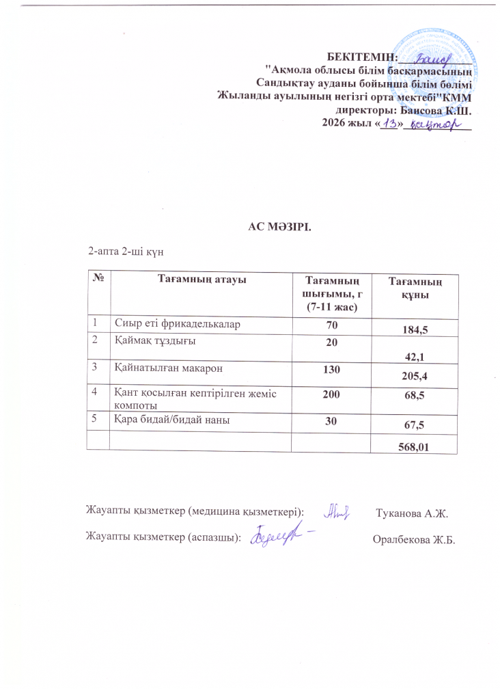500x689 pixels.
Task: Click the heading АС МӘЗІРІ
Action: pos(279,226)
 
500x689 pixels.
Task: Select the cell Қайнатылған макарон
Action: pos(164,367)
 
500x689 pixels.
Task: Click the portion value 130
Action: pos(331,368)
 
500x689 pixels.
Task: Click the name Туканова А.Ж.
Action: pos(411,513)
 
